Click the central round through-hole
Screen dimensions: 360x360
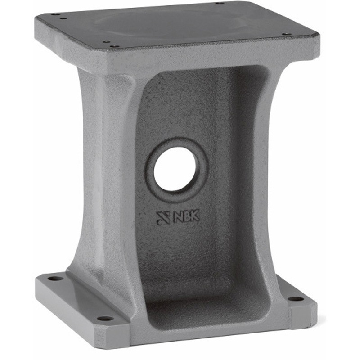click(175, 170)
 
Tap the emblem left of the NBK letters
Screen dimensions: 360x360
click(163, 218)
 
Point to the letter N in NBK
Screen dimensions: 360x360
click(177, 217)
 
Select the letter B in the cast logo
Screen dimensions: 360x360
click(185, 216)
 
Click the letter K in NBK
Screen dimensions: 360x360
click(194, 215)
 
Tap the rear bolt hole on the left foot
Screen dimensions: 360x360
click(55, 279)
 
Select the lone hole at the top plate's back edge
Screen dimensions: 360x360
click(220, 3)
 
